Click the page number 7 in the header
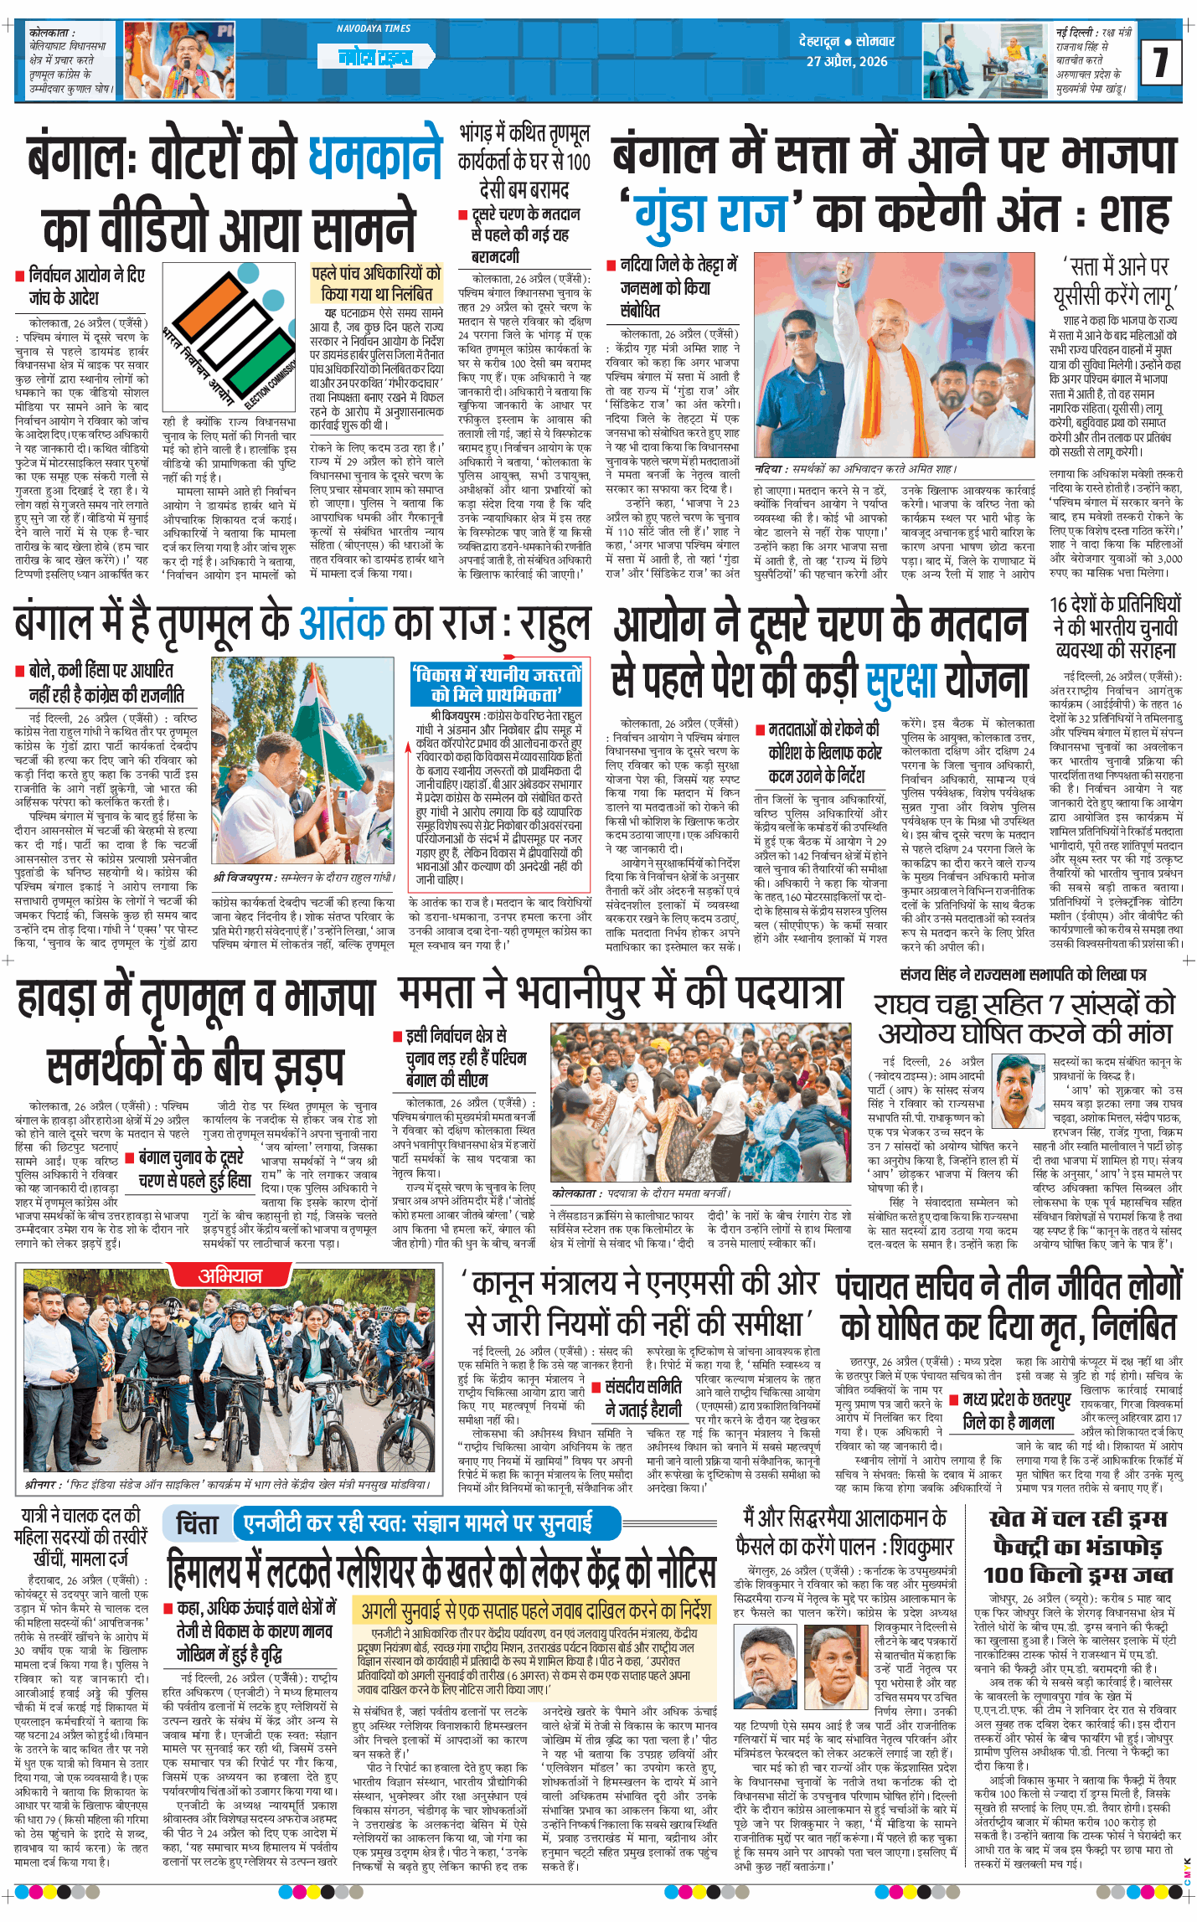coord(1160,62)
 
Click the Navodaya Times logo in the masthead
coord(374,56)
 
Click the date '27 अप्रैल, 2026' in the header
coord(847,61)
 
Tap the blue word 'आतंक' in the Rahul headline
coord(342,623)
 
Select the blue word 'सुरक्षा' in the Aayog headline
coord(900,678)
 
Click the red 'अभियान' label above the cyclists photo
coord(230,1275)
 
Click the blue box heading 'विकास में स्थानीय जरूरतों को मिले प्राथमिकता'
coord(495,683)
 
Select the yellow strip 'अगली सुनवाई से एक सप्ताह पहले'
coord(536,1610)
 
